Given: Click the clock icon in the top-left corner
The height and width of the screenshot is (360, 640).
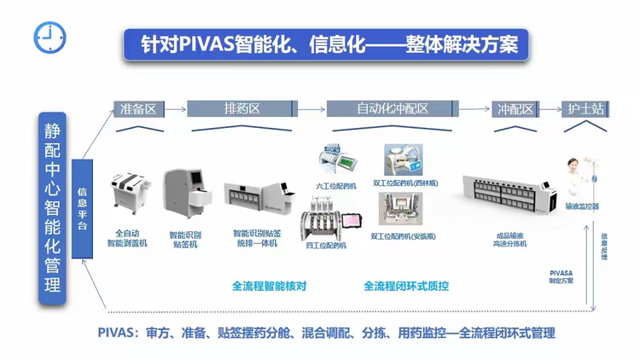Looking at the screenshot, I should [49, 36].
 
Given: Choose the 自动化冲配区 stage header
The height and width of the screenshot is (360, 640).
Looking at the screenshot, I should [392, 109].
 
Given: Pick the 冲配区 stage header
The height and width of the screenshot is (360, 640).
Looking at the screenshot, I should [515, 109].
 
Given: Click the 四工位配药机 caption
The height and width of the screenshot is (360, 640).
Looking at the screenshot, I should [326, 246].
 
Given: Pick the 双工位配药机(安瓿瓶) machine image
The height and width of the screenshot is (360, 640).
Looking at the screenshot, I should [401, 210].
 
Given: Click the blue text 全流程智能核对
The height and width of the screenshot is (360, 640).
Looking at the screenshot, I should [269, 287].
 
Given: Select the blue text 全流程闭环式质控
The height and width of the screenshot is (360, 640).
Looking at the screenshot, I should [405, 287].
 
